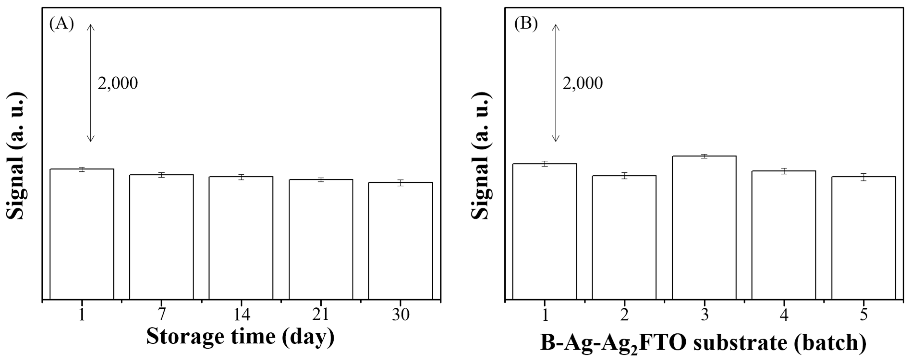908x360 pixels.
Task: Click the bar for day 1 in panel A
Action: (82, 234)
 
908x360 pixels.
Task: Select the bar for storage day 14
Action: (241, 238)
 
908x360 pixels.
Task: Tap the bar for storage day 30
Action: (400, 241)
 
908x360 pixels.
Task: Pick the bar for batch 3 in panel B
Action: (704, 228)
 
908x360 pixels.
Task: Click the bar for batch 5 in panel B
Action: (864, 238)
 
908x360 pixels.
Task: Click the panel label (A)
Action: (62, 24)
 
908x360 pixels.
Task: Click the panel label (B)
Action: (526, 24)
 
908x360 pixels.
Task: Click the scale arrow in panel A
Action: (91, 83)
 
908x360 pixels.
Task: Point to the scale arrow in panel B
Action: (556, 83)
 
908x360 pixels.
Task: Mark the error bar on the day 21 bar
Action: (321, 180)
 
